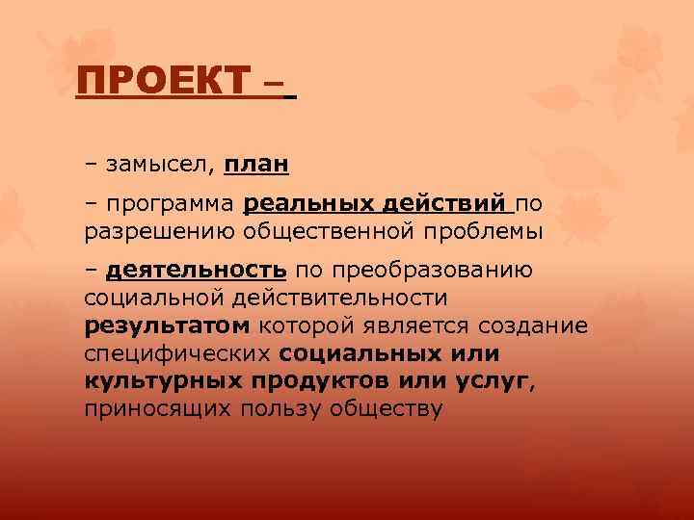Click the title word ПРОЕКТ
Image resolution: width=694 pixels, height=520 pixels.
coord(162,80)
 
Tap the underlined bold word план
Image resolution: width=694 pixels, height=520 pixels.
coord(255,166)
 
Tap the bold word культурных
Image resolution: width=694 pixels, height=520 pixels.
coord(165,380)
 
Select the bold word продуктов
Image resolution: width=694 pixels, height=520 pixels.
coord(326,380)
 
